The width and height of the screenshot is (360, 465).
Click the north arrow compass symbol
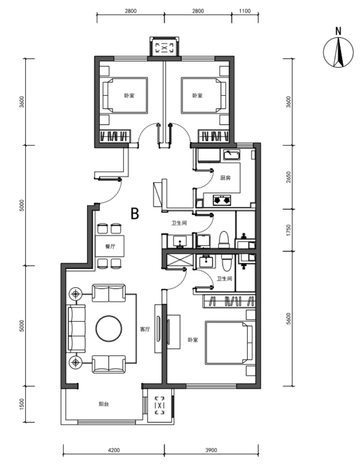pyautogui.click(x=338, y=50)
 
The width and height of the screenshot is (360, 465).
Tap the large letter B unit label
pyautogui.click(x=135, y=213)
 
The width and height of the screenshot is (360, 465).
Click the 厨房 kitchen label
pyautogui.click(x=226, y=178)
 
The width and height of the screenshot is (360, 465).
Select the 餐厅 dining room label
pyautogui.click(x=110, y=246)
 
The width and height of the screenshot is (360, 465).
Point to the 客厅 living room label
pyautogui.click(x=145, y=329)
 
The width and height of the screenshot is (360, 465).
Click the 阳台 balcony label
pyautogui.click(x=104, y=404)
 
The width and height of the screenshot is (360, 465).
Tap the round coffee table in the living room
pyautogui.click(x=109, y=328)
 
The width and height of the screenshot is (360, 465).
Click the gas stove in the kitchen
pyautogui.click(x=222, y=200)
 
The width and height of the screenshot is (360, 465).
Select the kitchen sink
pyautogui.click(x=232, y=155)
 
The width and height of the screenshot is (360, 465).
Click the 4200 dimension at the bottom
pyautogui.click(x=114, y=450)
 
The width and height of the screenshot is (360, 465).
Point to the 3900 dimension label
pyautogui.click(x=211, y=450)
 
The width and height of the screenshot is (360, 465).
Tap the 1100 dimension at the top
pyautogui.click(x=245, y=11)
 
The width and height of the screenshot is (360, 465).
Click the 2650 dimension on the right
pyautogui.click(x=289, y=177)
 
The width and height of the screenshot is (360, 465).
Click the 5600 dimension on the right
pyautogui.click(x=289, y=319)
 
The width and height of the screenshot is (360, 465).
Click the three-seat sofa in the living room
pyautogui.click(x=77, y=329)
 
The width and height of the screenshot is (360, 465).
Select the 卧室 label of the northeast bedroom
pyautogui.click(x=197, y=96)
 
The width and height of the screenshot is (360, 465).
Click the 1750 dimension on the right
pyautogui.click(x=289, y=230)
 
